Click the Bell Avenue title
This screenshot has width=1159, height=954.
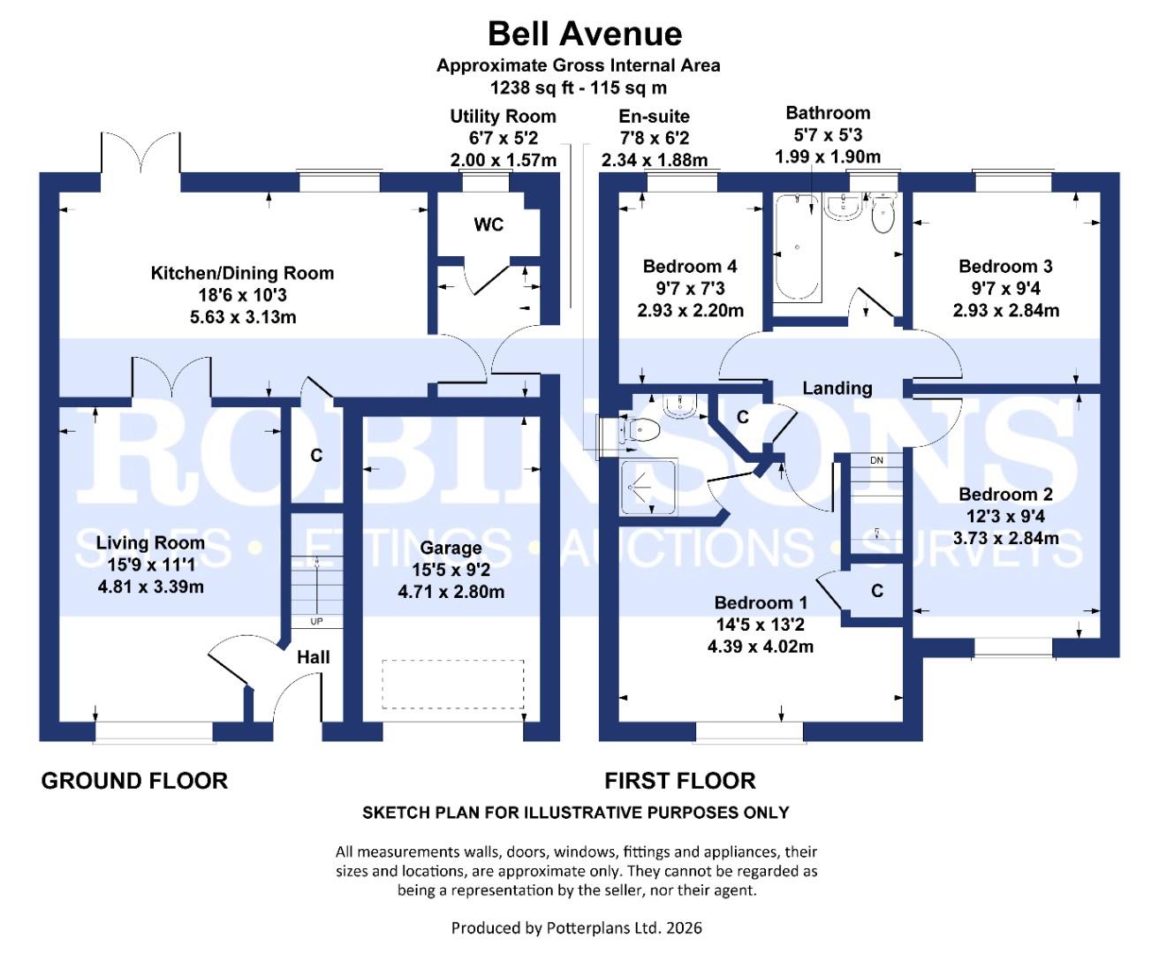(585, 34)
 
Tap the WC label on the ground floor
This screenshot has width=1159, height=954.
(489, 224)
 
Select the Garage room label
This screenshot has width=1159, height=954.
(451, 549)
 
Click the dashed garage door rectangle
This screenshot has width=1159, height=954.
(452, 684)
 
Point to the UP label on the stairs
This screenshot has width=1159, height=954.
(316, 622)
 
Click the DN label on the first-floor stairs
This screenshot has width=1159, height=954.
(876, 461)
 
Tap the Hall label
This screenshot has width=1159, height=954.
(313, 657)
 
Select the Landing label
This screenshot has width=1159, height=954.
(837, 388)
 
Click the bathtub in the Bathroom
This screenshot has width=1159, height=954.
(798, 248)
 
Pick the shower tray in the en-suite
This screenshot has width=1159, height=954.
(649, 487)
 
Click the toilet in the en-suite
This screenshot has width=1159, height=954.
(642, 430)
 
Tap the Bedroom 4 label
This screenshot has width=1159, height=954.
(690, 267)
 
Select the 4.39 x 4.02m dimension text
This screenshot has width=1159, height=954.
(761, 647)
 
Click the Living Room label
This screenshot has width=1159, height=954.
(150, 543)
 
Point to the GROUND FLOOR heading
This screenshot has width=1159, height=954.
(134, 781)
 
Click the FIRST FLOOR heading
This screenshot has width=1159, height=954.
(679, 781)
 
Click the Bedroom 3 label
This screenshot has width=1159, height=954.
(1005, 267)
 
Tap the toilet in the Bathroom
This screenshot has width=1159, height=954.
(883, 214)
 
